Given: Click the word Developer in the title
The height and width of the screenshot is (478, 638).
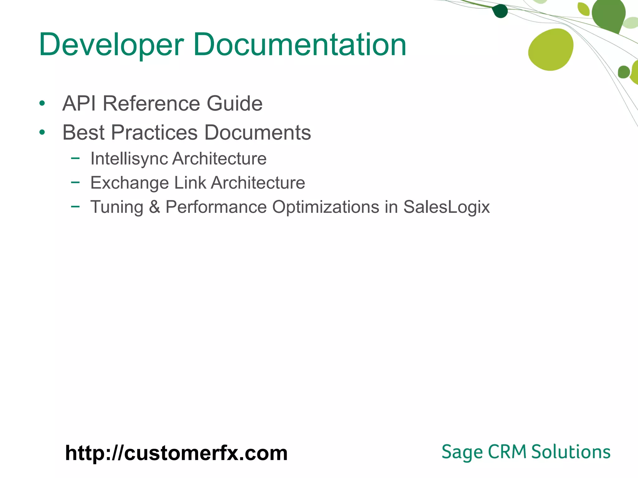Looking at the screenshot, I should tap(111, 45).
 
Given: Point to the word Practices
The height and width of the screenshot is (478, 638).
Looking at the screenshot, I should tap(154, 133).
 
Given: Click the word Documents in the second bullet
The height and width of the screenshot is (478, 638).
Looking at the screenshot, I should tap(258, 133).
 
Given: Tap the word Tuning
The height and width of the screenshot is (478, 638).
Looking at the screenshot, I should tap(117, 207).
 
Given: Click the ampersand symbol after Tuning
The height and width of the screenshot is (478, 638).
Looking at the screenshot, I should tap(155, 207).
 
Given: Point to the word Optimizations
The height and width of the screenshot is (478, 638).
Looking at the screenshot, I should tap(326, 207).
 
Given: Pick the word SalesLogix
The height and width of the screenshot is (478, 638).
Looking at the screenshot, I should tap(446, 207).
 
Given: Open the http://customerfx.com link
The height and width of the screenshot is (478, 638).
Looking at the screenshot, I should tap(176, 453).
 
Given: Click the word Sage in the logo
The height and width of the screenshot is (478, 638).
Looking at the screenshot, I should tap(462, 452).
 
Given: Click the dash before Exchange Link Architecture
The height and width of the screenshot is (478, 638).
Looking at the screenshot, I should tap(75, 182).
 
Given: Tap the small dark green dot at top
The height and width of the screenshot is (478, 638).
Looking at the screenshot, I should tap(500, 11).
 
